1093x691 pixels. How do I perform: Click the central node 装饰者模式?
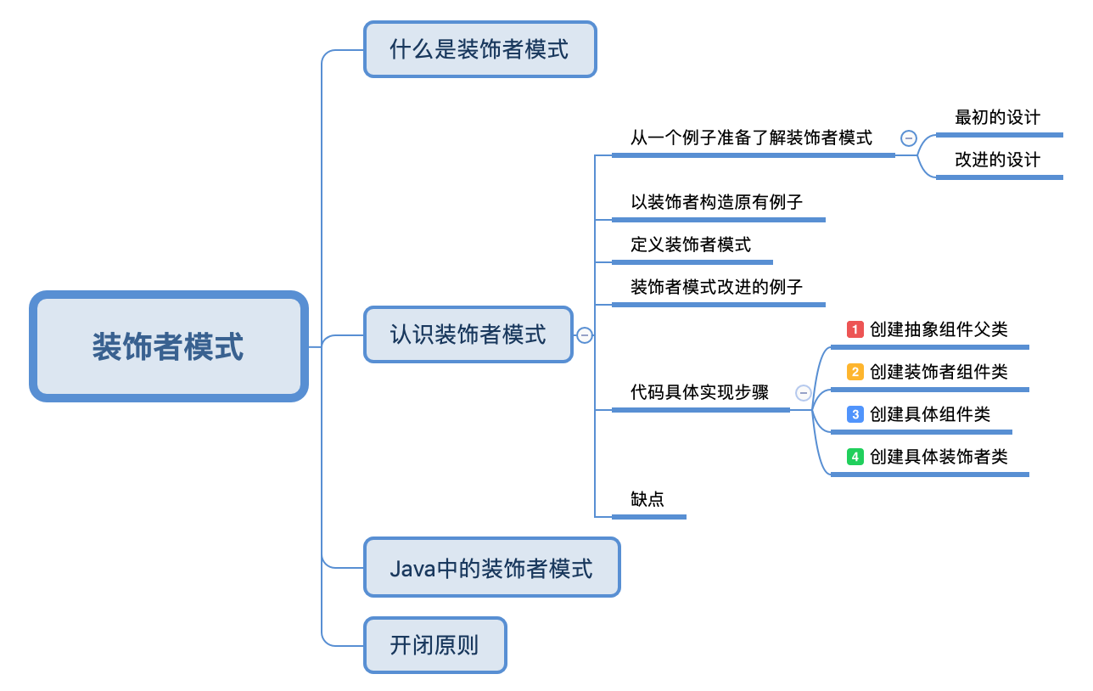[168, 346]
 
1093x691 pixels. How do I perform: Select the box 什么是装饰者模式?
[479, 49]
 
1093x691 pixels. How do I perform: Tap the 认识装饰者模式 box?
[468, 334]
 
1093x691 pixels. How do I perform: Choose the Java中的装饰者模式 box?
[491, 568]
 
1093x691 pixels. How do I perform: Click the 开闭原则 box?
[434, 645]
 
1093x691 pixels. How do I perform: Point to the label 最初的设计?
[997, 118]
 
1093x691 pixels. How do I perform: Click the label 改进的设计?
[997, 160]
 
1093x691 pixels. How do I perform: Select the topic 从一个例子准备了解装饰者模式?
[751, 138]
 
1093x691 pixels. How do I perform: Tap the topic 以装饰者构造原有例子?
[716, 202]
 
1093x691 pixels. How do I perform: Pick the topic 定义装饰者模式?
[691, 245]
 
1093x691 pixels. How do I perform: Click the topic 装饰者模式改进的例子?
[716, 287]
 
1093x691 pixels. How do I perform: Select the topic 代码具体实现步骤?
[699, 392]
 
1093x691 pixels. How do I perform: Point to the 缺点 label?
[647, 499]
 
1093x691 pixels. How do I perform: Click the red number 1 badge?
[855, 329]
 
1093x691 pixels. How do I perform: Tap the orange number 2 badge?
[855, 372]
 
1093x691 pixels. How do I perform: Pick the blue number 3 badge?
[855, 414]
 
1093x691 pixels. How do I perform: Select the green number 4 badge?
[855, 457]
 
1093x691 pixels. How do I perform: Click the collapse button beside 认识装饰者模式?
[585, 335]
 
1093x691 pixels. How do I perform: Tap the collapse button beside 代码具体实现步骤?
[804, 393]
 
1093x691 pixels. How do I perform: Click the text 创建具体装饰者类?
[939, 457]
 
